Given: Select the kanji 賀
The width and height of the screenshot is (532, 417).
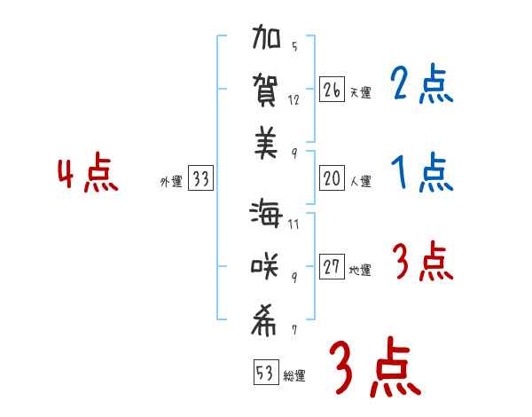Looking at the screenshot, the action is pyautogui.click(x=265, y=91).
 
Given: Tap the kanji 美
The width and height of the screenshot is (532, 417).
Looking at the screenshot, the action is pyautogui.click(x=265, y=143).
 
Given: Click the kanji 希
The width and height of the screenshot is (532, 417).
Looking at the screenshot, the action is pyautogui.click(x=265, y=321).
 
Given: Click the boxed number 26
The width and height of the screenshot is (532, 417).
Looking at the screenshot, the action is pyautogui.click(x=332, y=90).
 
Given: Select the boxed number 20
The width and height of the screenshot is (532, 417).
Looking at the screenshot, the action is pyautogui.click(x=332, y=178).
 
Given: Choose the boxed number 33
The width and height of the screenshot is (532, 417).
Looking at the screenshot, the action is pyautogui.click(x=200, y=180).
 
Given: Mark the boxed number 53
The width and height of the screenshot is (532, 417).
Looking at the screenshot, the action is pyautogui.click(x=263, y=373).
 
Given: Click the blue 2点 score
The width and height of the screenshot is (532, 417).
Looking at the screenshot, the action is pyautogui.click(x=421, y=85).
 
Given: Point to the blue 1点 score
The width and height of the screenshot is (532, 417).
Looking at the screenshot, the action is pyautogui.click(x=421, y=172).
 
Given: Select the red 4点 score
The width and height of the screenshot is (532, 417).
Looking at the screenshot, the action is pyautogui.click(x=88, y=174).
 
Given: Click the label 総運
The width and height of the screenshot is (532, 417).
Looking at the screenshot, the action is pyautogui.click(x=294, y=376).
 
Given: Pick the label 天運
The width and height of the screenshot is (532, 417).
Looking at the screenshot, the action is pyautogui.click(x=360, y=92).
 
